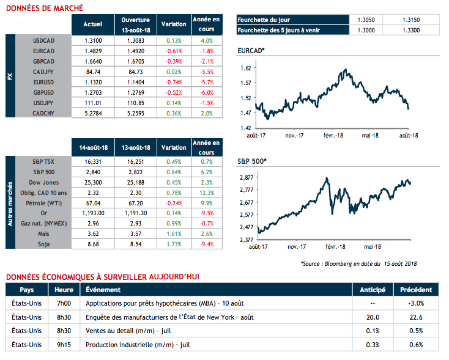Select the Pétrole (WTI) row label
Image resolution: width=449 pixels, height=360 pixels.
pyautogui.click(x=43, y=202)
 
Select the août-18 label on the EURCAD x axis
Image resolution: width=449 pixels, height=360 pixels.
pyautogui.click(x=407, y=134)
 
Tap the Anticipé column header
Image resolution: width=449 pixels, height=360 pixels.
pyautogui.click(x=373, y=290)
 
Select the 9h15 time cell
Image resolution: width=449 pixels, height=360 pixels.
pyautogui.click(x=64, y=345)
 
